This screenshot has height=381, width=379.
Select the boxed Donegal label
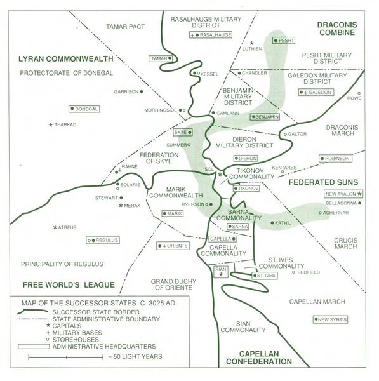coord(84,109)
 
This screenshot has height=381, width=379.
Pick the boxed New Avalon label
coord(343,194)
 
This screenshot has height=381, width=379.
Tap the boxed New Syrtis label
coord(331,319)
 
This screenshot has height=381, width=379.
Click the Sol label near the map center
coord(209,170)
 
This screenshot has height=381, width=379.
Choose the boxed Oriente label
coord(171,245)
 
